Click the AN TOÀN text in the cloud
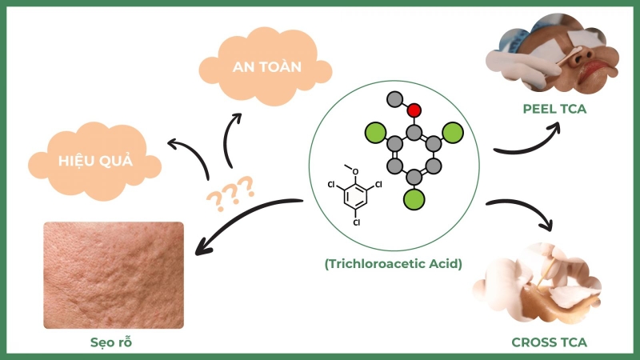(268, 67)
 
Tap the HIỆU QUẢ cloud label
(95, 160)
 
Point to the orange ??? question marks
(230, 193)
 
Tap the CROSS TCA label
(549, 342)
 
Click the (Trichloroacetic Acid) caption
(393, 262)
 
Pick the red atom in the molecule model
(414, 110)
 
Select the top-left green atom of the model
(374, 131)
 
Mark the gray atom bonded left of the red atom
(394, 99)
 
